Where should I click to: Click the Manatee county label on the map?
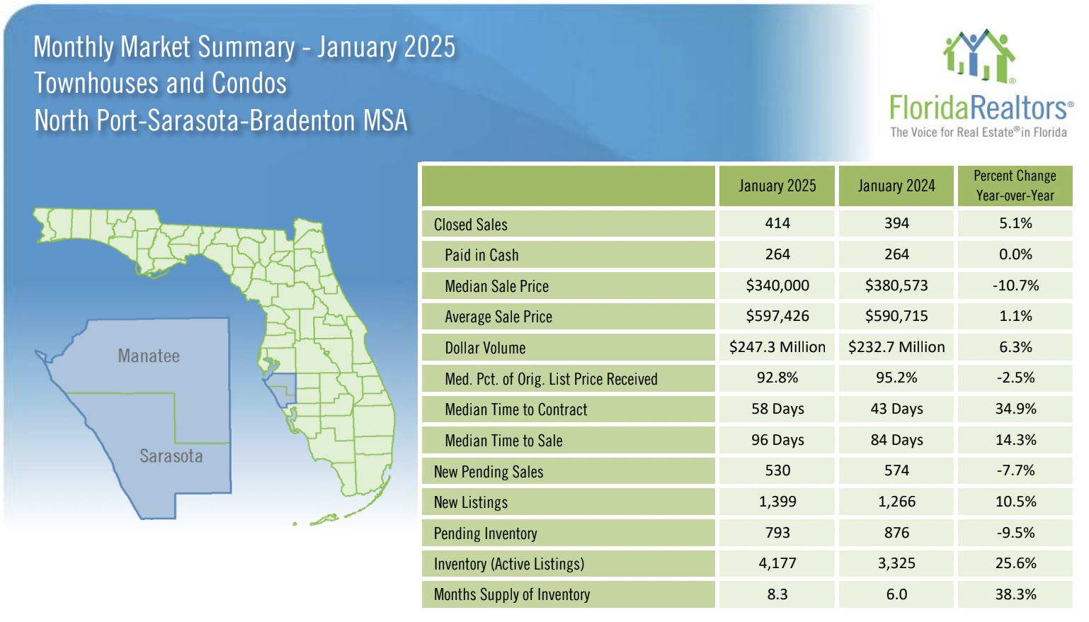point(149,356)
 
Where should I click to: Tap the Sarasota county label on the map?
point(171,456)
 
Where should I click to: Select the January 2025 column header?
point(777,186)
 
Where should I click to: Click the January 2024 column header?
point(896,186)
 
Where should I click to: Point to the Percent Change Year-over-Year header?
point(1015,186)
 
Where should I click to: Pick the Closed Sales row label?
point(471,225)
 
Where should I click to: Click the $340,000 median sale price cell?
point(777,285)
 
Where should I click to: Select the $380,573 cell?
point(896,285)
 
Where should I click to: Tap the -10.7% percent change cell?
point(1015,285)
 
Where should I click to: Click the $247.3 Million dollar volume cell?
point(777,347)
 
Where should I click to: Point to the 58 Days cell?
point(777,409)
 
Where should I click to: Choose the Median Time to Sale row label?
point(503,441)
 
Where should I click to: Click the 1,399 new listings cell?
point(777,502)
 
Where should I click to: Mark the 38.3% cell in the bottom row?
point(1015,594)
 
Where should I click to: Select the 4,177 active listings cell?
point(777,563)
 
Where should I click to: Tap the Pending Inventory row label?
point(485,533)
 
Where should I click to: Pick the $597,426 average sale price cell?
point(777,316)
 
